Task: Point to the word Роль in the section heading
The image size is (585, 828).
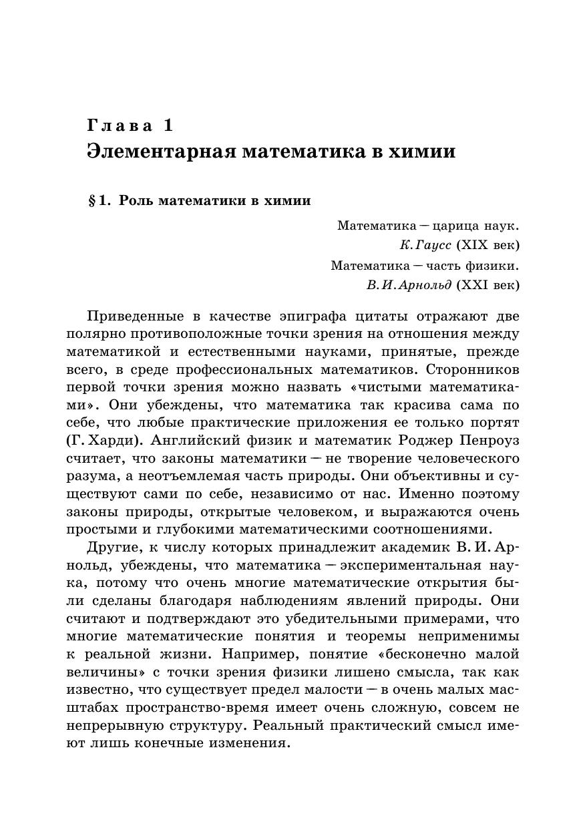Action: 136,201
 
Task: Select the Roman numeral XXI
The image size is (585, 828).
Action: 475,285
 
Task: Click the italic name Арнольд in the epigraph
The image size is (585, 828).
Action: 426,285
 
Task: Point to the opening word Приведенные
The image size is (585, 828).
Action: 136,316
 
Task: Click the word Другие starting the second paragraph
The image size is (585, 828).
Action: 112,548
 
